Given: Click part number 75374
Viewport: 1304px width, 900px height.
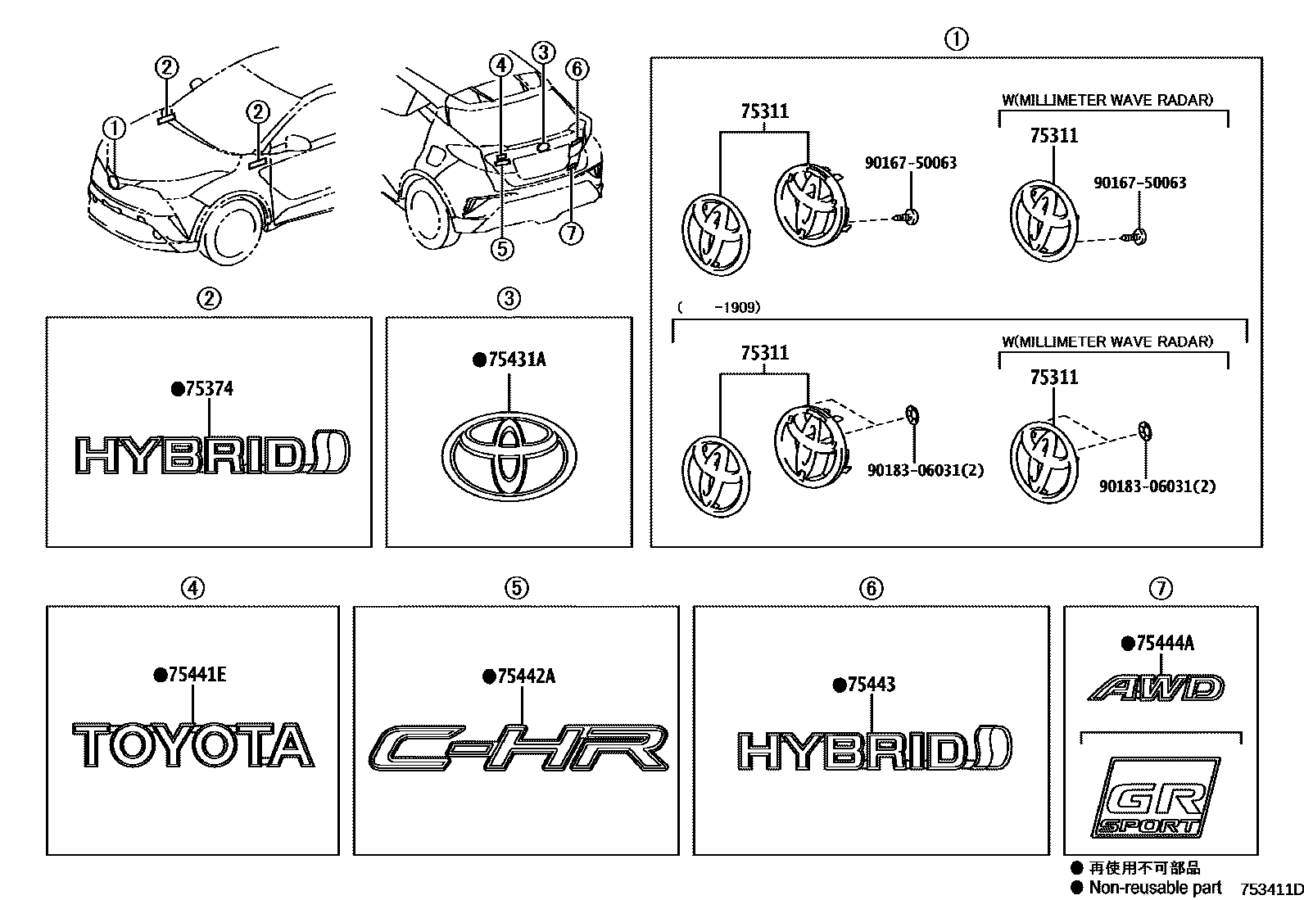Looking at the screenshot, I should (208, 389).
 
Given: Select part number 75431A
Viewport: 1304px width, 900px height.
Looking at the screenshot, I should (516, 360).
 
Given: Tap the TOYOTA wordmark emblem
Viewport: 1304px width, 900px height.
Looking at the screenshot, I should (193, 745).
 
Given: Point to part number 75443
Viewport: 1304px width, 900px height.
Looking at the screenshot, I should (871, 685).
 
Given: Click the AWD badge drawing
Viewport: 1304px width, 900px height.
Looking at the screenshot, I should (1157, 688).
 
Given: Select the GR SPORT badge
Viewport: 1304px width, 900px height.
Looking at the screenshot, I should (1156, 798).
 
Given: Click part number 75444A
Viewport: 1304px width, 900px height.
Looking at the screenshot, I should (1164, 644).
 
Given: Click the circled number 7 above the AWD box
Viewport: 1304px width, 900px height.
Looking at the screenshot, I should (1161, 588).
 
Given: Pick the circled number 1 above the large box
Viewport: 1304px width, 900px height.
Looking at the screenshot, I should (956, 38).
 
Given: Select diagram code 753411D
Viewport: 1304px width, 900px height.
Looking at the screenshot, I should (1270, 889).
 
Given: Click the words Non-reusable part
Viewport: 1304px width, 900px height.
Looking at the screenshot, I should (1155, 888).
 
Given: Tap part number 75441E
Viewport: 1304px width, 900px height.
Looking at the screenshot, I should (197, 675).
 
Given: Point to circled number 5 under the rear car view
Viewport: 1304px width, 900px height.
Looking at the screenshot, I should (501, 247).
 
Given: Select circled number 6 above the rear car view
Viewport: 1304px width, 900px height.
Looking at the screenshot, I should (577, 69).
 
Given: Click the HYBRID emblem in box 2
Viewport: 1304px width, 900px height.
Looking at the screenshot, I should (211, 455).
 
